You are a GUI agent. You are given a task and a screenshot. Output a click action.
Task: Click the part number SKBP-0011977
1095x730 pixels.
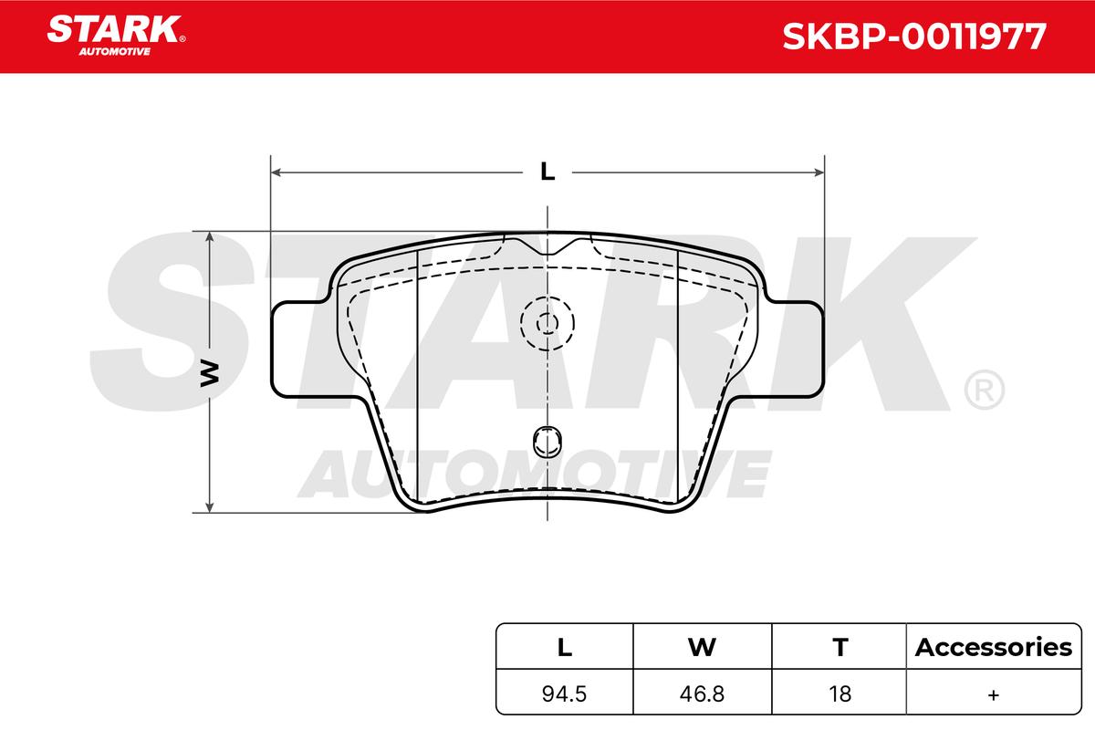[x=914, y=36]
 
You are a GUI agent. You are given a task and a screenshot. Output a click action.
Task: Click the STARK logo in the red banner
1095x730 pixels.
[x=116, y=36]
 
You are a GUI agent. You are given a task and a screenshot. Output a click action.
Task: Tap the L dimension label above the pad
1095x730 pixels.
[x=547, y=172]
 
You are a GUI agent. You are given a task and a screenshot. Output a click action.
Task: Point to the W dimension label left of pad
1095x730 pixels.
[x=210, y=374]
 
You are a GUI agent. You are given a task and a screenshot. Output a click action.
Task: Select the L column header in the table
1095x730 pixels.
[x=565, y=647]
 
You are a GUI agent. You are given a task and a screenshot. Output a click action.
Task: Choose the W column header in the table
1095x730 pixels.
[x=702, y=647]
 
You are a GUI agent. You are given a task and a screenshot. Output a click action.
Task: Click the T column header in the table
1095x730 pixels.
[x=840, y=647]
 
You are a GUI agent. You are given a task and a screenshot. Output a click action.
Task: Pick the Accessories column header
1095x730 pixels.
[x=994, y=647]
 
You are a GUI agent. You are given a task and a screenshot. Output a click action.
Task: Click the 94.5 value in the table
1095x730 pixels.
[x=564, y=693]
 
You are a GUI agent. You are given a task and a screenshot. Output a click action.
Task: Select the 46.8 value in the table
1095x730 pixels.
[x=702, y=693]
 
